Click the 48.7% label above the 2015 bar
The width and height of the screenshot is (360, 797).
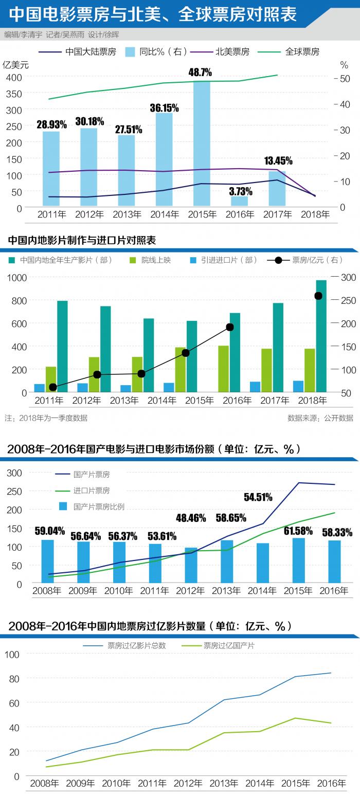tap(200, 73)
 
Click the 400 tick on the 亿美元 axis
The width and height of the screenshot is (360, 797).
tap(14, 77)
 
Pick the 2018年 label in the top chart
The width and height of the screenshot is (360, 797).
tap(315, 215)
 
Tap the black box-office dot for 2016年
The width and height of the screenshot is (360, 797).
tap(230, 328)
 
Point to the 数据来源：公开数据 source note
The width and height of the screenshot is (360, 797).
tap(320, 418)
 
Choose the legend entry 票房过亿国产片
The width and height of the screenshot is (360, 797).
tap(229, 646)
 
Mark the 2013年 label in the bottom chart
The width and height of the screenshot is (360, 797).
tap(224, 784)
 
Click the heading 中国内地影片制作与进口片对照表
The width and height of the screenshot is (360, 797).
tap(82, 241)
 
